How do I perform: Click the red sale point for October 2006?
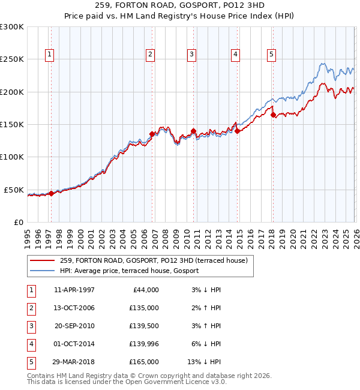[x=152, y=134]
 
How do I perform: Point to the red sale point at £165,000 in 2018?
[x=273, y=115]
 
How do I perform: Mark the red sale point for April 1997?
[x=51, y=193]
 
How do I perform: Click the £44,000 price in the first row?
[x=145, y=289]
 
